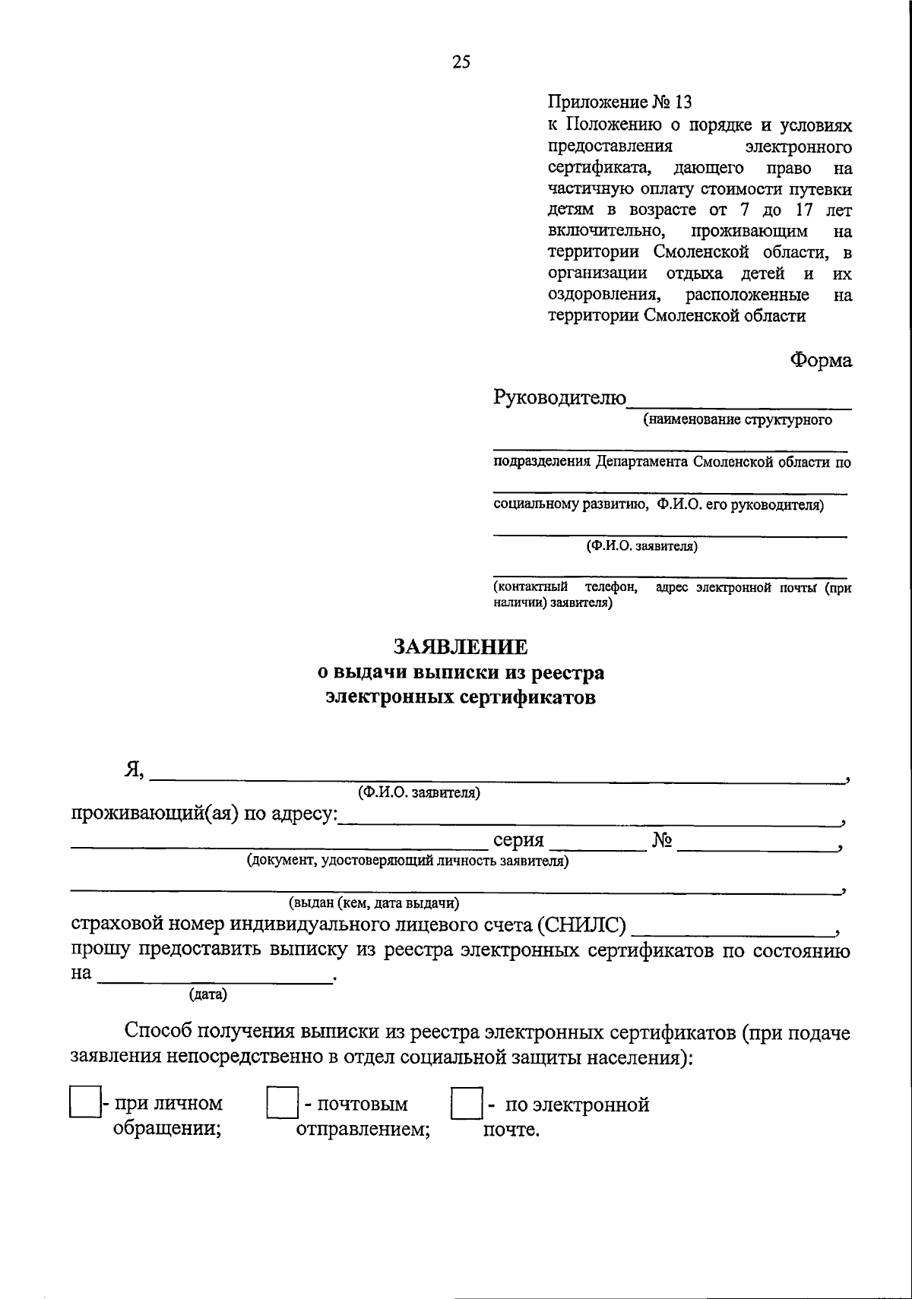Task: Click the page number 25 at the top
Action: pos(461,63)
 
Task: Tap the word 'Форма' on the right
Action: pos(821,360)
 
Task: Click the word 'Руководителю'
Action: pos(560,397)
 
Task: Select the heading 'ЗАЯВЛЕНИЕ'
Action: pos(461,646)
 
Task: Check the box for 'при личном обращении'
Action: pos(85,1103)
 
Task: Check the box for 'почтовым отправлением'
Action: pos(282,1103)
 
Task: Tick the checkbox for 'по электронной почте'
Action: pos(466,1103)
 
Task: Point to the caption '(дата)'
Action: pos(207,993)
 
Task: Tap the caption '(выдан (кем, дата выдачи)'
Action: pos(373,903)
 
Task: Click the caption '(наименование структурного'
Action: pos(737,419)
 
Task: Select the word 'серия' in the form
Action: pos(518,840)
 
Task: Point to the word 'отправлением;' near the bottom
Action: pos(363,1129)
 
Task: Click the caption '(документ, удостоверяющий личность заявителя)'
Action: pos(407,861)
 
